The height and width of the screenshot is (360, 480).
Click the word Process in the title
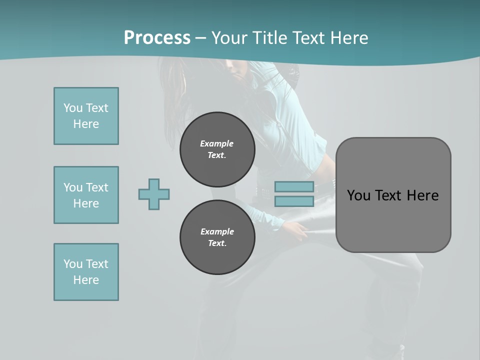pyautogui.click(x=157, y=38)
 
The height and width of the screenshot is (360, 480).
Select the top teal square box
pyautogui.click(x=86, y=116)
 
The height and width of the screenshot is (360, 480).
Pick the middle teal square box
pyautogui.click(x=86, y=195)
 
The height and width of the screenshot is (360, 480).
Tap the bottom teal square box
pyautogui.click(x=86, y=272)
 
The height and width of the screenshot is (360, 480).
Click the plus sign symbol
pyautogui.click(x=154, y=194)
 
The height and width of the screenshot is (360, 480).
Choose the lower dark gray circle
pyautogui.click(x=217, y=237)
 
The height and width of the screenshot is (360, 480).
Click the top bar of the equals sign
pyautogui.click(x=294, y=187)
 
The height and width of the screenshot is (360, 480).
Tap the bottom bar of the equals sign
pyautogui.click(x=294, y=201)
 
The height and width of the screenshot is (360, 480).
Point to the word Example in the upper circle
pyautogui.click(x=217, y=143)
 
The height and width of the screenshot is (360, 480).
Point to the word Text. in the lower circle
pyautogui.click(x=217, y=243)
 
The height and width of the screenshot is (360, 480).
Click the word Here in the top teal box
pyautogui.click(x=86, y=124)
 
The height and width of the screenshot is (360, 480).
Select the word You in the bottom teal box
pyautogui.click(x=72, y=264)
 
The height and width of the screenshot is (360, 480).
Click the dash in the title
pyautogui.click(x=200, y=38)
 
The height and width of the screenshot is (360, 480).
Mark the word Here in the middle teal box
pyautogui.click(x=86, y=203)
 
